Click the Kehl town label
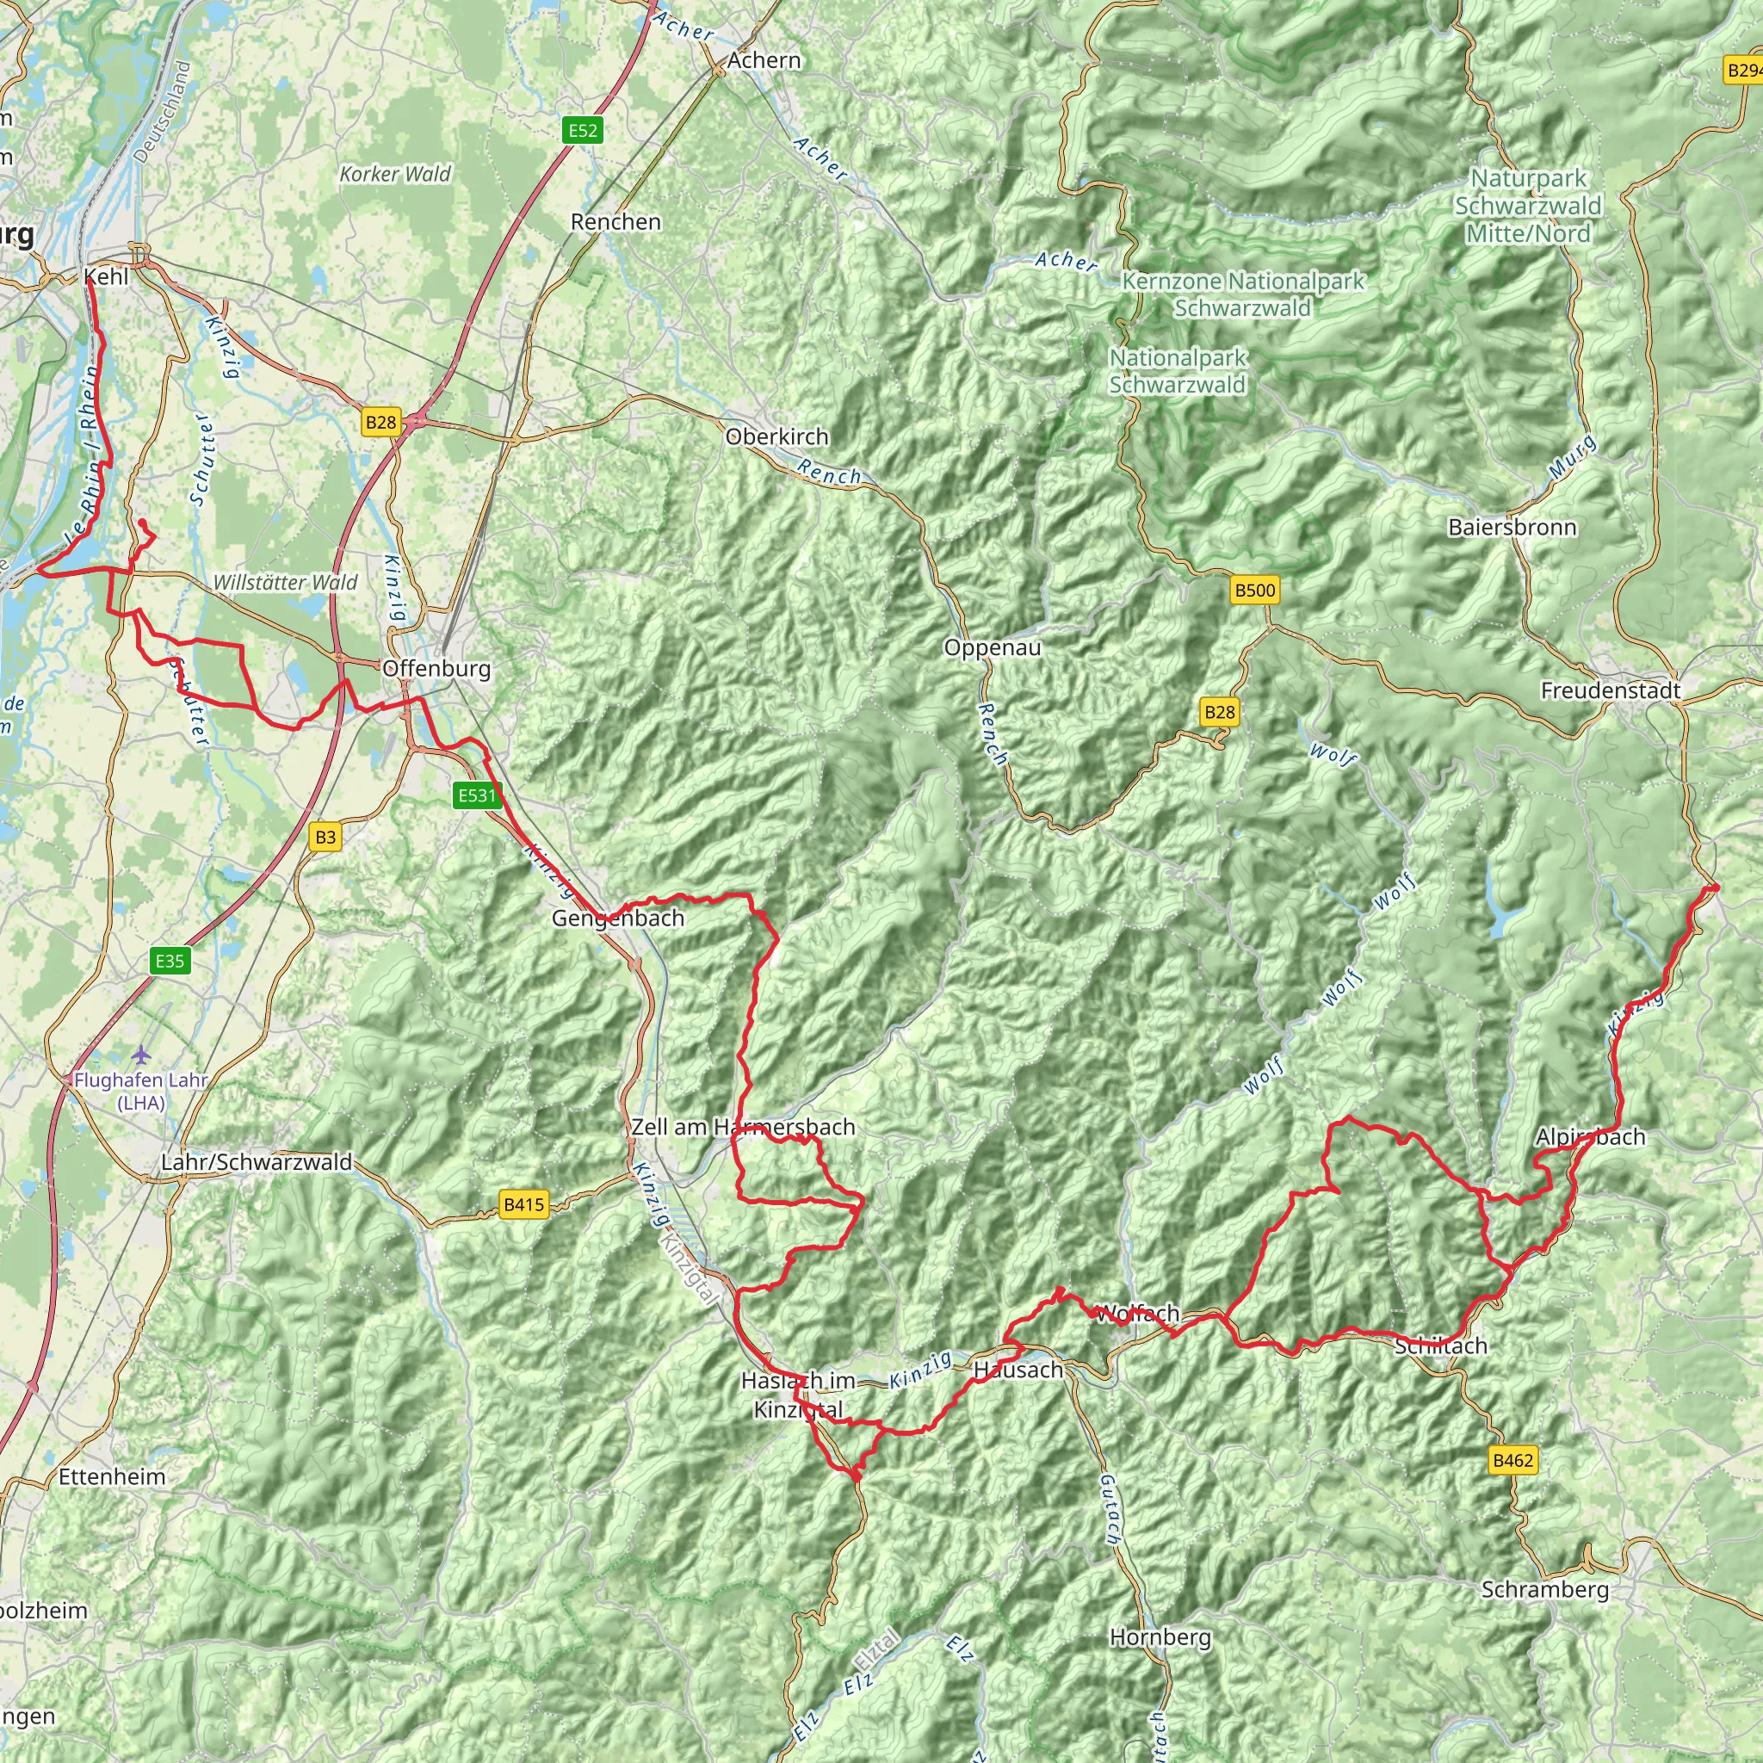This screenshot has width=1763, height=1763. [x=107, y=276]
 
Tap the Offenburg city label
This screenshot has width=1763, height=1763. [x=436, y=668]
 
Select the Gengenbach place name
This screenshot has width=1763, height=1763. [x=618, y=918]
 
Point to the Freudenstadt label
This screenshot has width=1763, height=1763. [x=1611, y=690]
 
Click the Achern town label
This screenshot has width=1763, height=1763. [x=764, y=60]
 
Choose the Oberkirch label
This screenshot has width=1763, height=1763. [x=776, y=436]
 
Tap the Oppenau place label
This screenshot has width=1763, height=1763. [x=992, y=648]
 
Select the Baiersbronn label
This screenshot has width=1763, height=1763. [x=1512, y=527]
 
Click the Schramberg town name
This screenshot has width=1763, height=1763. [x=1545, y=1590]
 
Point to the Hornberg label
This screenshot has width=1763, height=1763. [x=1160, y=1637]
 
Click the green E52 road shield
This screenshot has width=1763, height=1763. [x=582, y=131]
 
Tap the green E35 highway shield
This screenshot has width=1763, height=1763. [x=170, y=960]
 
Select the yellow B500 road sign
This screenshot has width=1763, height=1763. [x=1255, y=591]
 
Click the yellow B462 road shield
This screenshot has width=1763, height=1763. [x=1512, y=1460]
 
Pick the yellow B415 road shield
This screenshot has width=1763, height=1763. [x=523, y=1204]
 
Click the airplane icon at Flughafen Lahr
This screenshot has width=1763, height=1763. [x=140, y=1055]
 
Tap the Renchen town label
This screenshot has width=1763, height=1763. [x=616, y=222]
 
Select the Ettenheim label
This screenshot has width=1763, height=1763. [x=112, y=1476]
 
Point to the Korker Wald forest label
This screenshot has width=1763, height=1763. [x=395, y=173]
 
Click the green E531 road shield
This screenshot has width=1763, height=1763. [x=476, y=795]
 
